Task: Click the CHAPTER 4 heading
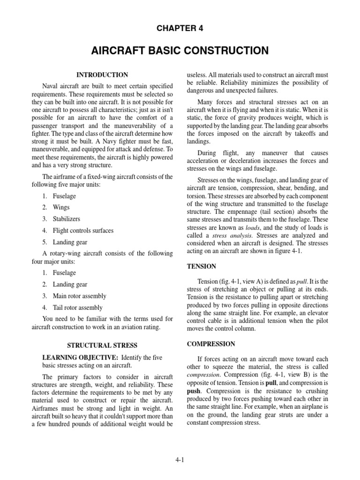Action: coord(180,29)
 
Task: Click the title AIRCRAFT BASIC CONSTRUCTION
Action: coord(180,51)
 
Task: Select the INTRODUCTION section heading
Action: coord(102,75)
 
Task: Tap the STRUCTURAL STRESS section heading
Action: coord(102,345)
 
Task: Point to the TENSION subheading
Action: coord(202,266)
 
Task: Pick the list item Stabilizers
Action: coord(67,218)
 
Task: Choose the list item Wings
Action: coord(61,207)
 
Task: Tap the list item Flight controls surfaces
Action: coord(83,231)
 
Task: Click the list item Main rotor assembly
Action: coord(79,296)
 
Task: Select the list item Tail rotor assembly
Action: coord(77,308)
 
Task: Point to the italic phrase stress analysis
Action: coord(232,235)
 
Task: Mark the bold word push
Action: coord(195,390)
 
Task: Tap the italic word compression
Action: coord(203,375)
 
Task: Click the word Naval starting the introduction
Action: coord(52,86)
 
